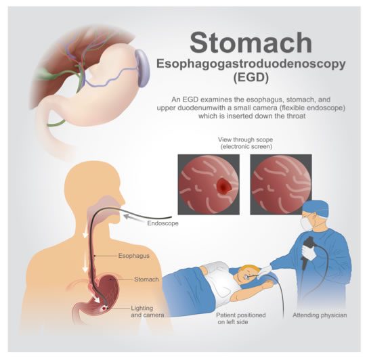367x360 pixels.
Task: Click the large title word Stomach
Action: [x=251, y=43]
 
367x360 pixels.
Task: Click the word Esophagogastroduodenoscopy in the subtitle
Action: [x=251, y=64]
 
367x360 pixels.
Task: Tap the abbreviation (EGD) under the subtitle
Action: [x=251, y=77]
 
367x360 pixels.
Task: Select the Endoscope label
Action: [x=163, y=223]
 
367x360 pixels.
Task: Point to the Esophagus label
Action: [x=133, y=256]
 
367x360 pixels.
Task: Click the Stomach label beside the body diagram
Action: [x=146, y=279]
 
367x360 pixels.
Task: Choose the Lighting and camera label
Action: [x=147, y=311]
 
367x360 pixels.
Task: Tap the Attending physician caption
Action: [x=320, y=315]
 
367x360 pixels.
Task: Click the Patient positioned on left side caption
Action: [x=240, y=318]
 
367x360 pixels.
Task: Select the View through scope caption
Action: [x=246, y=143]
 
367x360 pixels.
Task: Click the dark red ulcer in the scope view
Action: [x=224, y=183]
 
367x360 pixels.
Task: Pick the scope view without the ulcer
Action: [x=281, y=185]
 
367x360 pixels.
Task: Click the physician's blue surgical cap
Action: [x=315, y=208]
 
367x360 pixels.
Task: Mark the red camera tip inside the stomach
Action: [x=104, y=309]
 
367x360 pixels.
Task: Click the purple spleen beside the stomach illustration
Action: [x=142, y=68]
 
